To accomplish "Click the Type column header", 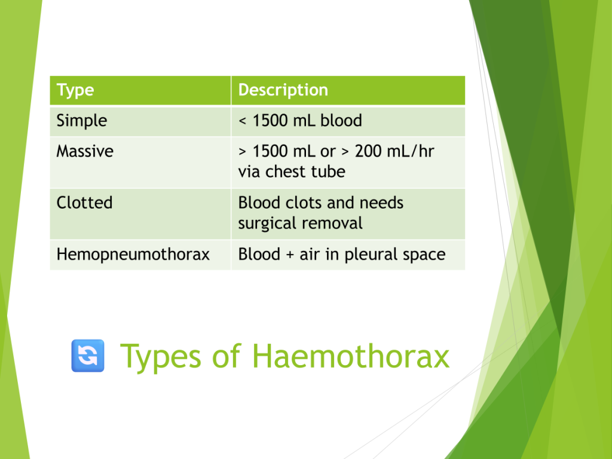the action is click(75, 91).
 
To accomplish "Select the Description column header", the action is click(283, 90).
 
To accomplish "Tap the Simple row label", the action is click(81, 121).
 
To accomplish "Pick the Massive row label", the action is click(85, 151).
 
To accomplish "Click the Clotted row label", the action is click(84, 203).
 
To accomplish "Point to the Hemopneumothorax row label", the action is click(133, 255).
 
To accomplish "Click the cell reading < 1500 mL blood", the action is click(300, 121).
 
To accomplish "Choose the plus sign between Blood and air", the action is click(290, 255).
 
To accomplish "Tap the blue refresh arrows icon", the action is click(88, 356).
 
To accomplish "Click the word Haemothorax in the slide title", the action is click(350, 356).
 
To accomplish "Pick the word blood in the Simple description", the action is click(341, 121).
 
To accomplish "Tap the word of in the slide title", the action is click(227, 356).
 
